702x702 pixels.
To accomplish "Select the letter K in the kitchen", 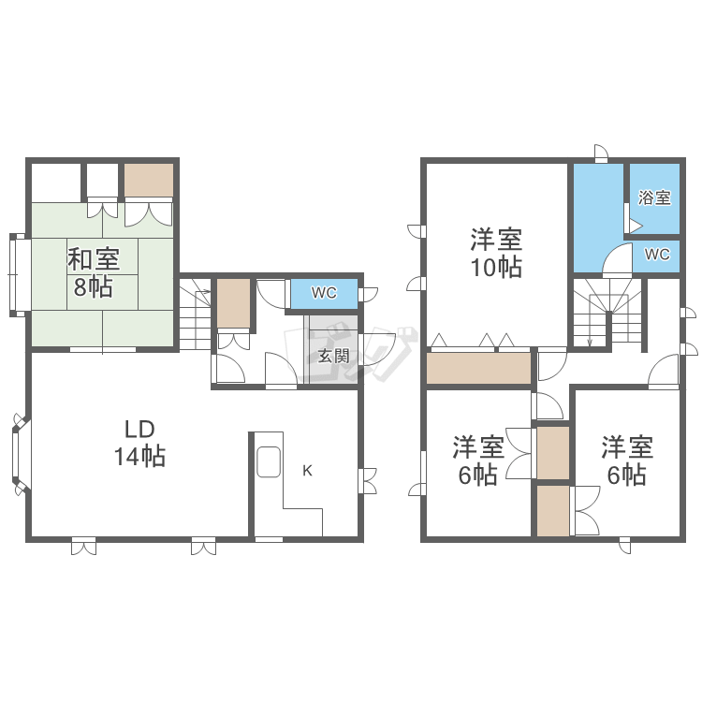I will click(307, 471).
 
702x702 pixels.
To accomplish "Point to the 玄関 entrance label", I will click(332, 356).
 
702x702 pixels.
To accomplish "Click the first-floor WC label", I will click(324, 293).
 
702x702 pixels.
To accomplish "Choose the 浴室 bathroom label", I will click(654, 197).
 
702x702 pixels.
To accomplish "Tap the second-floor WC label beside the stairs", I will click(657, 254).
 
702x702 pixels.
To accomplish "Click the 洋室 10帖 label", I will click(496, 253).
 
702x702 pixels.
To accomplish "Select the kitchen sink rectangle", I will click(267, 461).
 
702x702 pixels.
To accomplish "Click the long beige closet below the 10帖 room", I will click(479, 368).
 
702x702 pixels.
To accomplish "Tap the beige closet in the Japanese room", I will click(149, 180).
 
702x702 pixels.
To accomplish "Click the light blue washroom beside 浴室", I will click(597, 215).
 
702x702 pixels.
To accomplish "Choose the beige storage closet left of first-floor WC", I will click(234, 303).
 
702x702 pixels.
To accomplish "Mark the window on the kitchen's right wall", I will click(366, 480).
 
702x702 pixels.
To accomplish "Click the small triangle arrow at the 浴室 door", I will click(636, 226).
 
